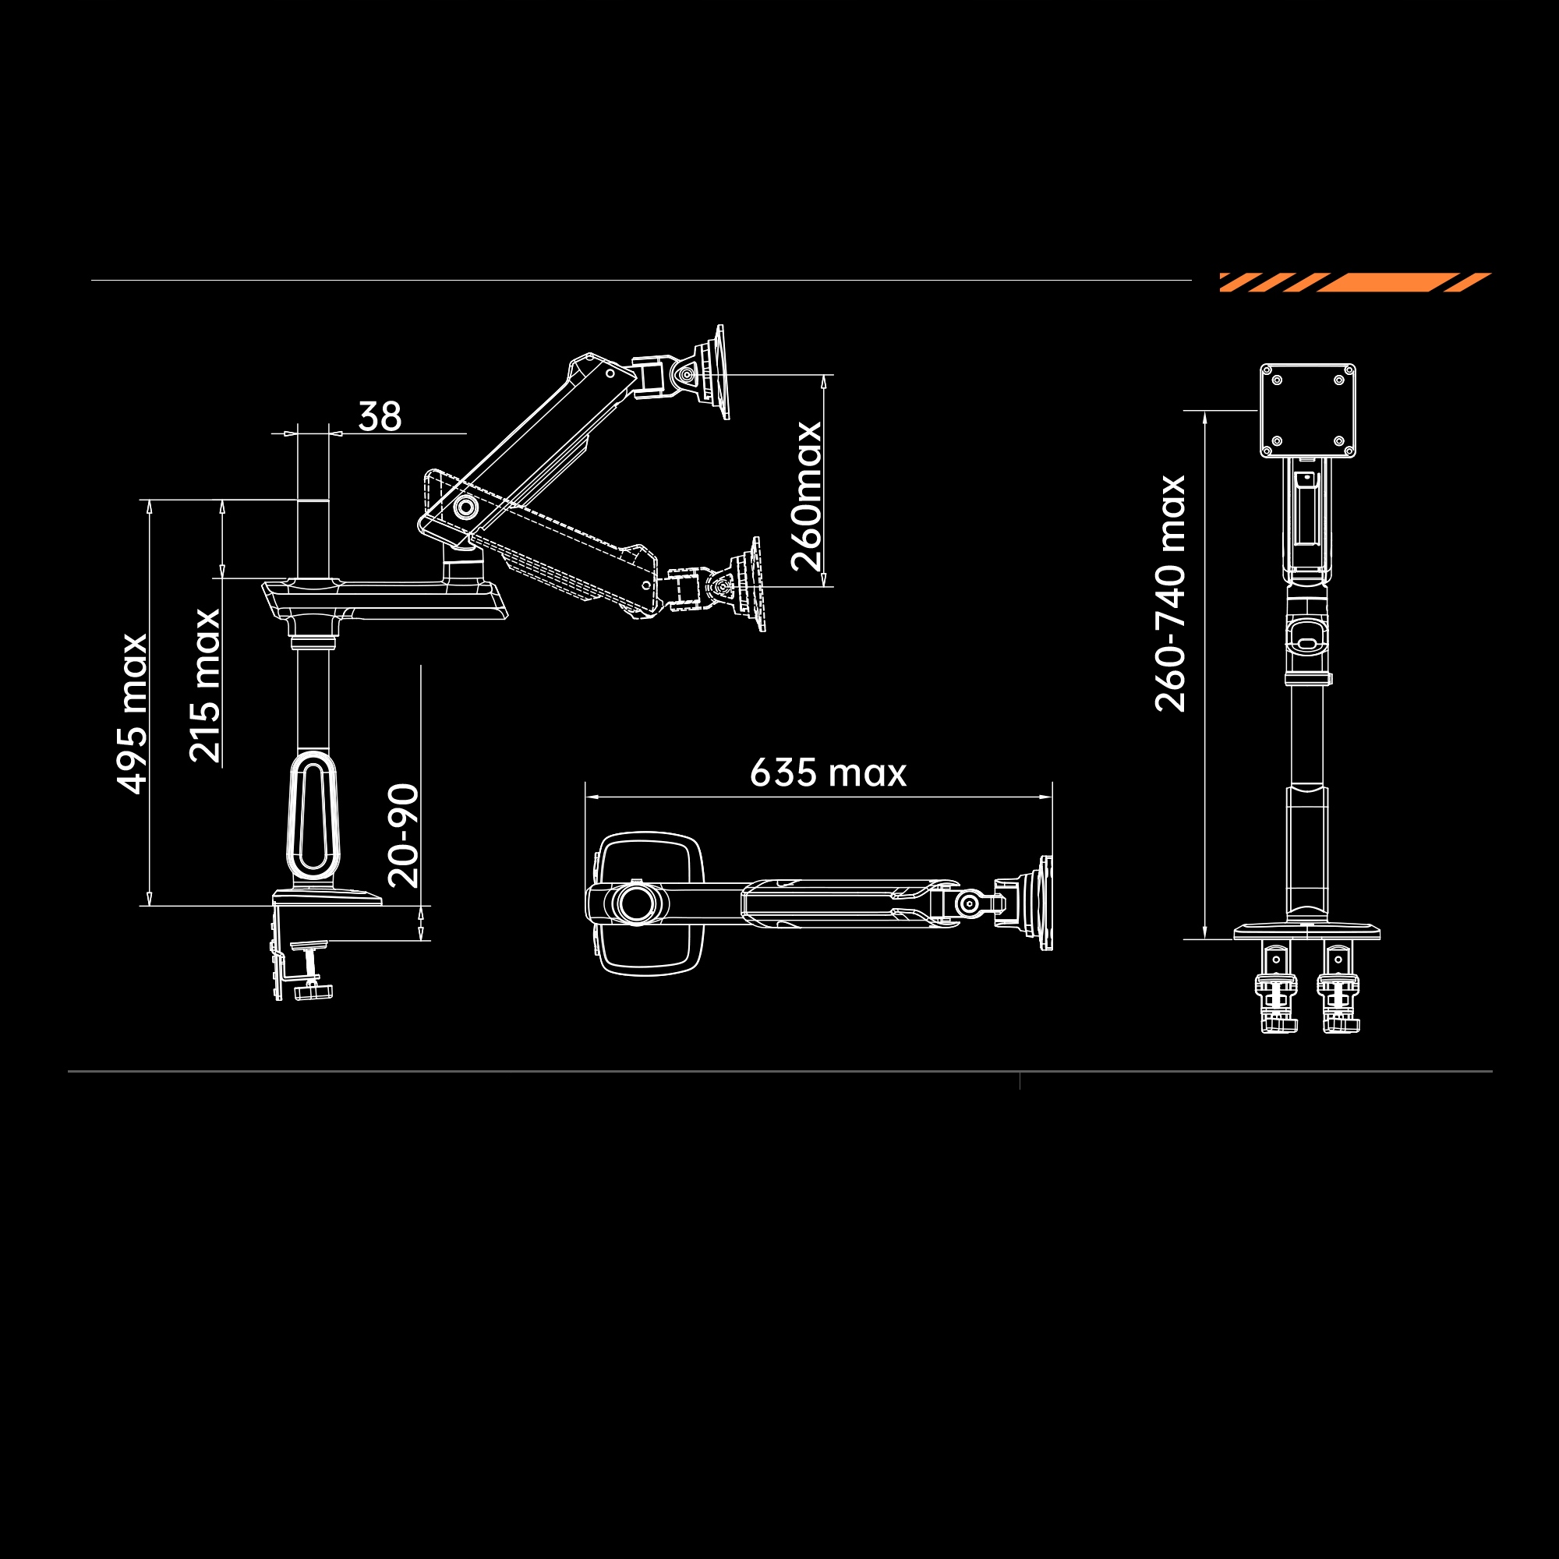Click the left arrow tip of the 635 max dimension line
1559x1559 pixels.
point(586,797)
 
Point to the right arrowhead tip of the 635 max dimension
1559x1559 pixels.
point(1052,797)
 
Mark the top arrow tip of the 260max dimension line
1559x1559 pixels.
point(824,375)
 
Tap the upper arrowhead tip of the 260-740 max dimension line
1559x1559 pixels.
point(1205,412)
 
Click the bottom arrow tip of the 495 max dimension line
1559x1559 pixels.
point(150,905)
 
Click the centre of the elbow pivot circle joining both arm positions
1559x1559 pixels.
point(465,507)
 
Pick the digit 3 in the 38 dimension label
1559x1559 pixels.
point(369,416)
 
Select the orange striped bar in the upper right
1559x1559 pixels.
point(1355,282)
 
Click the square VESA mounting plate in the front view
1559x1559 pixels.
point(1308,411)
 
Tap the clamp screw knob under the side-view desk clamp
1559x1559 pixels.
point(315,992)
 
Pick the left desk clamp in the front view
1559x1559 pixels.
point(1277,988)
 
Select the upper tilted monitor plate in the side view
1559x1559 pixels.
point(720,372)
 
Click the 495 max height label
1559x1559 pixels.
point(133,713)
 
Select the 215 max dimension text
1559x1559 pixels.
point(205,685)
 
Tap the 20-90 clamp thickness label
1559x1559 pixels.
point(404,835)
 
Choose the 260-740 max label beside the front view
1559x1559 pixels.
point(1170,593)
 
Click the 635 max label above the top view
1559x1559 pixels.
point(828,772)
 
